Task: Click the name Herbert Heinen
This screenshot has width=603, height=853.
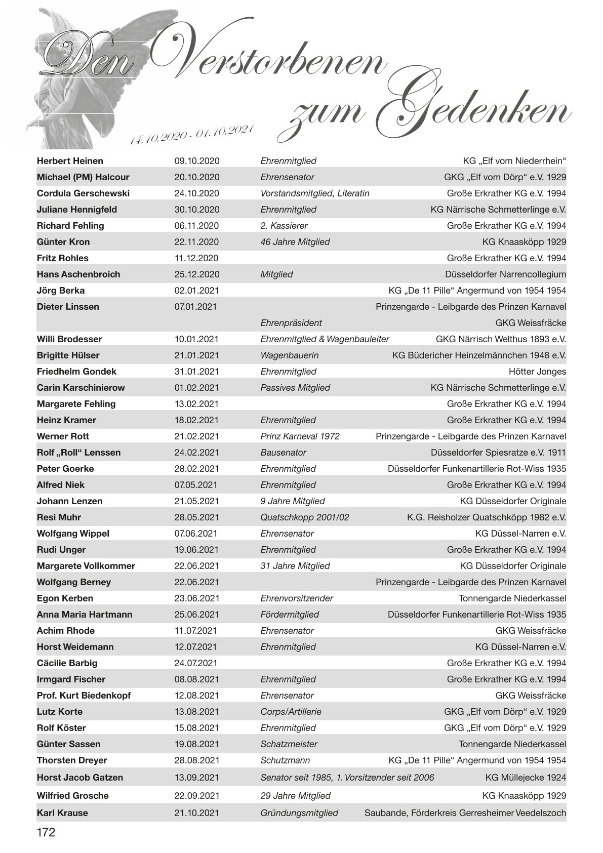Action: pyautogui.click(x=70, y=161)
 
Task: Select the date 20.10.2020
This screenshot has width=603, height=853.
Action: pyautogui.click(x=197, y=177)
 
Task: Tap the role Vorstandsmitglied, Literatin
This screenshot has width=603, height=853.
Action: pyautogui.click(x=314, y=193)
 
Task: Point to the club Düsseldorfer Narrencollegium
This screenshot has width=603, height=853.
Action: pyautogui.click(x=505, y=274)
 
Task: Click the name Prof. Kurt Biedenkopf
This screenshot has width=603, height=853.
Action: pyautogui.click(x=84, y=696)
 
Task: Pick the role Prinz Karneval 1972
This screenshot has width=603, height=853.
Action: pyautogui.click(x=300, y=436)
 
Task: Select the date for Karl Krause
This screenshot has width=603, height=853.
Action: pyautogui.click(x=197, y=813)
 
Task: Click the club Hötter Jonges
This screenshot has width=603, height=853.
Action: pyautogui.click(x=537, y=372)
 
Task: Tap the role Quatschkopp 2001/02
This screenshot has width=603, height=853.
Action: pyautogui.click(x=304, y=517)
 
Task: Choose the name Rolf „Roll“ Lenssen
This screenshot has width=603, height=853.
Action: pyautogui.click(x=78, y=453)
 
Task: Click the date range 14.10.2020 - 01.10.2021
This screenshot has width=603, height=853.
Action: pyautogui.click(x=191, y=134)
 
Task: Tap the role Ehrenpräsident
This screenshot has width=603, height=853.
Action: pyautogui.click(x=291, y=323)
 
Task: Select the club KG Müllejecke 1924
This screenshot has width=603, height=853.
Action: pyautogui.click(x=526, y=778)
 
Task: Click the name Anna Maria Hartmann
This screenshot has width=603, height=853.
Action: pyautogui.click(x=85, y=615)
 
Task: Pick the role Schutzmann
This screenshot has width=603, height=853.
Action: pyautogui.click(x=285, y=760)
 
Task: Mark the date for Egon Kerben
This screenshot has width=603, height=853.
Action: pyautogui.click(x=197, y=598)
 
